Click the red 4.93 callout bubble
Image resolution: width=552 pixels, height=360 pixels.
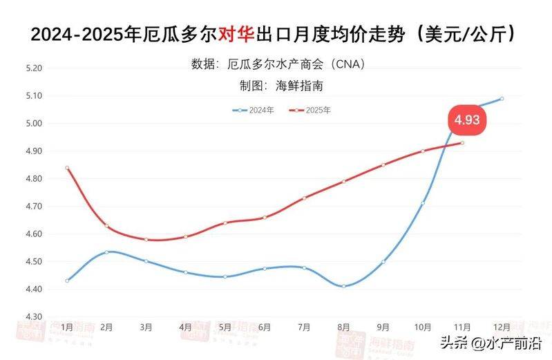click(x=466, y=119)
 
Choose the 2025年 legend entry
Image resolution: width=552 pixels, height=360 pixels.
click(x=310, y=110)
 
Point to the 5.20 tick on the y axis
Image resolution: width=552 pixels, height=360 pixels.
click(x=33, y=68)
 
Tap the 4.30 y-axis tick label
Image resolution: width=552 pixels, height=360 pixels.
click(x=33, y=316)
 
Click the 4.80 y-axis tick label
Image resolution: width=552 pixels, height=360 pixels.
click(x=33, y=179)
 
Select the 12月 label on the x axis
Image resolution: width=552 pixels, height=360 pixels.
click(x=502, y=326)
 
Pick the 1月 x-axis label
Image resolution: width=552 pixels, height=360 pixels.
click(x=67, y=326)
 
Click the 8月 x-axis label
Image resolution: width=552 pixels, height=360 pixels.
click(x=343, y=326)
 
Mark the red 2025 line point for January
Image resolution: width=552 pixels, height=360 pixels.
click(x=67, y=168)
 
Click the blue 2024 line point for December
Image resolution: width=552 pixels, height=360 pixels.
click(x=502, y=99)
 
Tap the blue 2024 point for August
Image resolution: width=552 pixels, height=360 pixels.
click(x=343, y=286)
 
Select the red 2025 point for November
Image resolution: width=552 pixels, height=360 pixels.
click(x=462, y=143)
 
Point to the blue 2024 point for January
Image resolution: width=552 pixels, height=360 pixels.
click(x=67, y=281)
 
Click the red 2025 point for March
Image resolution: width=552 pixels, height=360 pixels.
click(x=146, y=240)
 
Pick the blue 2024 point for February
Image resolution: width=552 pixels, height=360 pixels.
click(x=106, y=252)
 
